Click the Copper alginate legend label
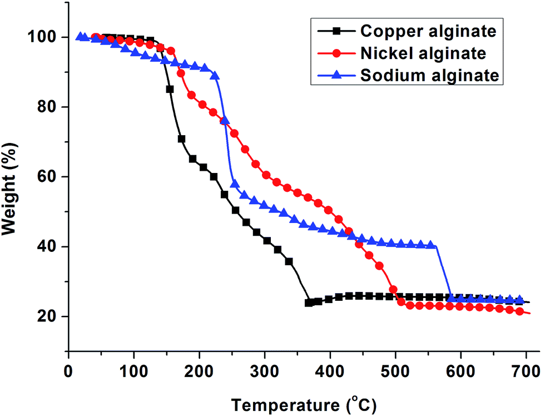pyautogui.click(x=427, y=31)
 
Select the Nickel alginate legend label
pyautogui.click(x=423, y=53)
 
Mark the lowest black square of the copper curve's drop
pyautogui.click(x=309, y=303)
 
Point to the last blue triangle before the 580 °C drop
pyautogui.click(x=430, y=245)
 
